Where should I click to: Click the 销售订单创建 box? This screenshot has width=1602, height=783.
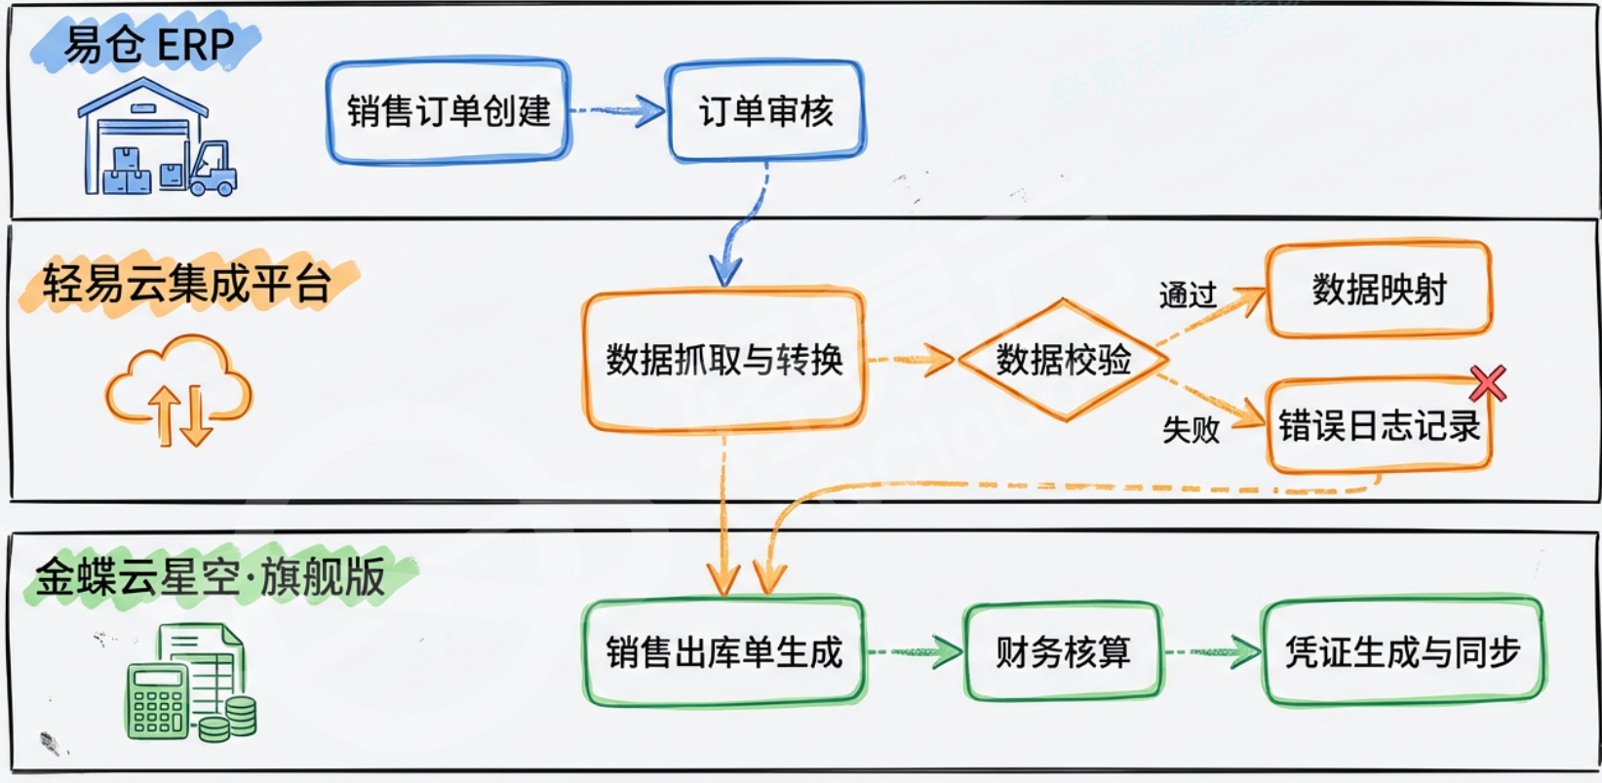[449, 111]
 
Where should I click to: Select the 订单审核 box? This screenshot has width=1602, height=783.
[766, 111]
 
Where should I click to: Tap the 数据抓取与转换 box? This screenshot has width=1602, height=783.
[723, 360]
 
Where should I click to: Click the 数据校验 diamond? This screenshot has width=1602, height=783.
[1063, 360]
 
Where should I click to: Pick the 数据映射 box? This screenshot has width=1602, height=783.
[1379, 290]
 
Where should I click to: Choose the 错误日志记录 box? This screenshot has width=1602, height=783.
[1379, 426]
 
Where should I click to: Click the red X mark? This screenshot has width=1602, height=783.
[1488, 383]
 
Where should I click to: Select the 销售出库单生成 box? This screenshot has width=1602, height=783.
[723, 651]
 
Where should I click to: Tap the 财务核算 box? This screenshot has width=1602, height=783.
[1063, 651]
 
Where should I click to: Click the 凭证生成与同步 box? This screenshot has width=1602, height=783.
[1402, 651]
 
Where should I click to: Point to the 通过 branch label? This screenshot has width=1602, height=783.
[1188, 294]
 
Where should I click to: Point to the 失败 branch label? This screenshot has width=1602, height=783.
[1191, 428]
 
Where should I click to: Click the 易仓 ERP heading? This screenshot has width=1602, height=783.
[148, 45]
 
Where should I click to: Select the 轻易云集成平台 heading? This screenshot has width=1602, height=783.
[187, 284]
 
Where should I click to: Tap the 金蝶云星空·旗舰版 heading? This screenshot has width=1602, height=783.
[211, 576]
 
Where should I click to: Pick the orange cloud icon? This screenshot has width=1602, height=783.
[179, 389]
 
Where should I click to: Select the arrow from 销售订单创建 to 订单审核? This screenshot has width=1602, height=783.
[618, 111]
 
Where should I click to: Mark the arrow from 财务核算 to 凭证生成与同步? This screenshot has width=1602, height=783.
[1212, 651]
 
